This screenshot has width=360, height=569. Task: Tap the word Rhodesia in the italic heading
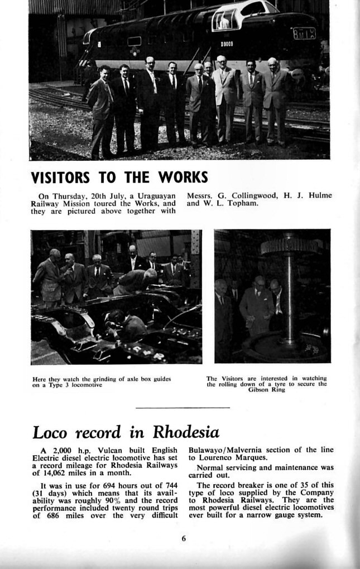[x=186, y=432]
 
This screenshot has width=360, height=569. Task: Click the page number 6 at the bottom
[x=183, y=538]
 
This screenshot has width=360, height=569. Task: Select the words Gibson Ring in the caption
[x=267, y=390]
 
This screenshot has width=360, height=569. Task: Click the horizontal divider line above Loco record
[x=183, y=408]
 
